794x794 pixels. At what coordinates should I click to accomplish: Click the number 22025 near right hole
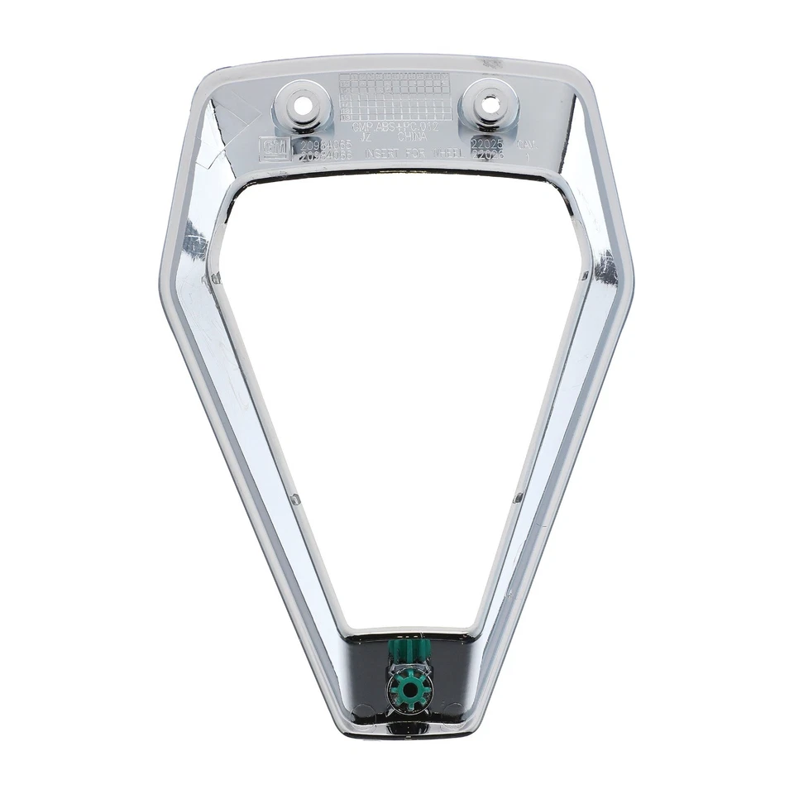click(x=486, y=142)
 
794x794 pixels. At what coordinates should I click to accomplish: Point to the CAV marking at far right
click(x=526, y=144)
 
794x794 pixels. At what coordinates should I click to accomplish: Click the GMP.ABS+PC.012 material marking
click(x=395, y=128)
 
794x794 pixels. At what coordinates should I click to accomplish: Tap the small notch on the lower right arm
click(x=518, y=498)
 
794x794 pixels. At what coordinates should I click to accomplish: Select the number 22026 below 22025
click(x=486, y=154)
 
